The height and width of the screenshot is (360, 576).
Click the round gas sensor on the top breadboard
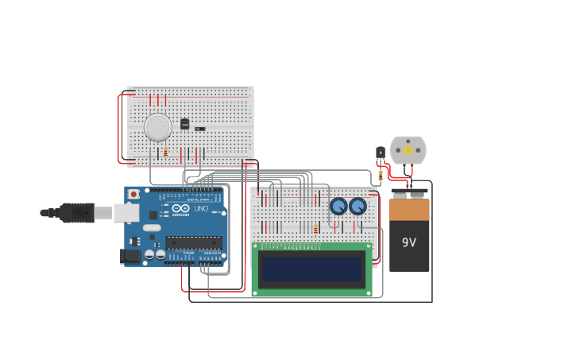[x=158, y=126]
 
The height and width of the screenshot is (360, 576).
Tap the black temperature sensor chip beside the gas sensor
[x=184, y=124]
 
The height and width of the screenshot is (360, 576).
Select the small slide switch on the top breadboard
[x=200, y=129]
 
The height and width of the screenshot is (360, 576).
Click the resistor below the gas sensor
[x=165, y=151]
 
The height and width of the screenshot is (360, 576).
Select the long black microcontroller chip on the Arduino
[x=193, y=242]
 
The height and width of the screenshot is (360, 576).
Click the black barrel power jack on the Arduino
[x=129, y=256]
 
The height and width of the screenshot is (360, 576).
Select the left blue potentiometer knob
[x=338, y=207]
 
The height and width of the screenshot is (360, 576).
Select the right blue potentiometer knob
[x=358, y=207]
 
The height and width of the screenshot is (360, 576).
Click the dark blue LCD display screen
[x=311, y=269]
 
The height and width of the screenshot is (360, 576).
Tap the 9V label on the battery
[x=409, y=242]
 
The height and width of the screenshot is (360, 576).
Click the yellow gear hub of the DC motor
[x=408, y=149]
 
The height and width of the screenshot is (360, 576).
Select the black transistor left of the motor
[x=381, y=152]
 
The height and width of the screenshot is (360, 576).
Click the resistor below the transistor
[x=381, y=174]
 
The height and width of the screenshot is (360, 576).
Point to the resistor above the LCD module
[x=315, y=230]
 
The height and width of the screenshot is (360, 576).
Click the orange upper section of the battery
[x=409, y=210]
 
